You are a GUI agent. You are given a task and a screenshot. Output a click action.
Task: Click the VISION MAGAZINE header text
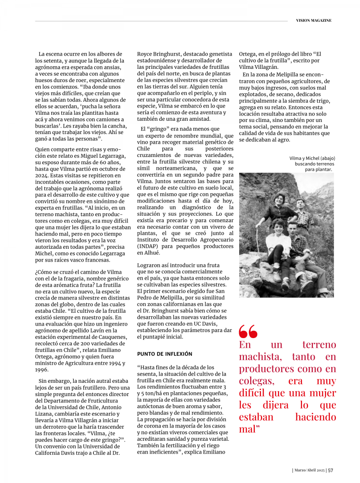click(x=314, y=20)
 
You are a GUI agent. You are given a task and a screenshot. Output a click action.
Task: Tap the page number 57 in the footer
click(x=330, y=470)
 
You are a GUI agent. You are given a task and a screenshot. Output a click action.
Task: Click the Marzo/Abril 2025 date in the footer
click(x=309, y=470)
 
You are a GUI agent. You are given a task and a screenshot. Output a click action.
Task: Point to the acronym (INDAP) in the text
click(x=150, y=246)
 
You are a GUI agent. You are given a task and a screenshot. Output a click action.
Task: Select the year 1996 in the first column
click(x=42, y=369)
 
